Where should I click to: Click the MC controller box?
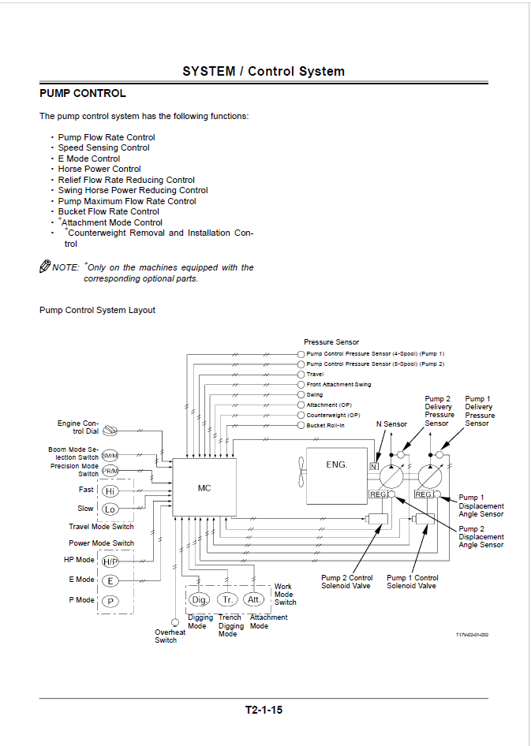coord(204,487)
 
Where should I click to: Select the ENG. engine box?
coord(336,476)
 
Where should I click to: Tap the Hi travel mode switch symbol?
coord(110,491)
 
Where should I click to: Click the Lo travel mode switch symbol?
coord(110,509)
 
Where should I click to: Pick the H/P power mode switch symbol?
coord(110,561)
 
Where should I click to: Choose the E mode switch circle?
coord(110,580)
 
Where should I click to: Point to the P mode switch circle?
coord(110,602)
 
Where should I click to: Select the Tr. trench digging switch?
coord(227,599)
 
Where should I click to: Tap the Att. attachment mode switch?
coord(253,599)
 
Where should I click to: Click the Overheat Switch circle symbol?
coord(174,622)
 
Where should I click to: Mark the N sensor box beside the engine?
coord(374,466)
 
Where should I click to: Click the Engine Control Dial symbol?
coord(110,431)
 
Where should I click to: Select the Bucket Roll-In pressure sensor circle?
coord(301,425)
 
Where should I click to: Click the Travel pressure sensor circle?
coord(301,375)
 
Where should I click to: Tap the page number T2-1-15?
coord(264,710)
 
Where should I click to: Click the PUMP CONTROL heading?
coord(83,93)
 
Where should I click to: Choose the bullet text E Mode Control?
coord(89,159)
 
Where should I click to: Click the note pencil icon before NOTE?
coord(45,266)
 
